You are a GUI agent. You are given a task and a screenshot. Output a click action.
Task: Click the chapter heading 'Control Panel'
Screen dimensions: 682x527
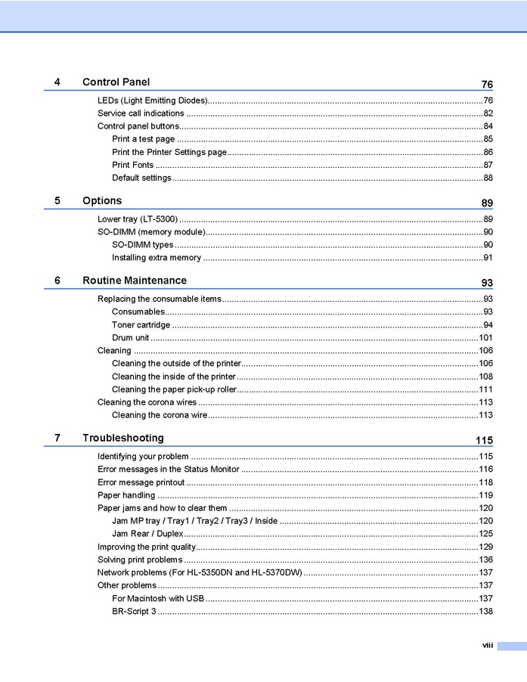point(116,82)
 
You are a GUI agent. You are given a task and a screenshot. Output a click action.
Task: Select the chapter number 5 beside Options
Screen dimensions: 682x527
point(57,201)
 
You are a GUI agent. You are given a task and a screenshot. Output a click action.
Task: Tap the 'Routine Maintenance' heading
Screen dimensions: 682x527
point(134,281)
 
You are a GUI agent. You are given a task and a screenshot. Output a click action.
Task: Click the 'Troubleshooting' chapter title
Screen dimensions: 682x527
point(122,439)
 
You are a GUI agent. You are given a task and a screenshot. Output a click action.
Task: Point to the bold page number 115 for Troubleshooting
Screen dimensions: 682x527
point(484,441)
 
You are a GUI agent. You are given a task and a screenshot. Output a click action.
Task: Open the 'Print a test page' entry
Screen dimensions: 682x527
point(143,139)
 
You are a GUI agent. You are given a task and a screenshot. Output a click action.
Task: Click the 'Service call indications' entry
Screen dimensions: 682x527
point(141,113)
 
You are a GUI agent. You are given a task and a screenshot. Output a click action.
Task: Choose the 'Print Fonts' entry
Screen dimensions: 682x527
point(132,165)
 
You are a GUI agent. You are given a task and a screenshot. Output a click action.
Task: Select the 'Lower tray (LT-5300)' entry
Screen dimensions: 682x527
point(138,219)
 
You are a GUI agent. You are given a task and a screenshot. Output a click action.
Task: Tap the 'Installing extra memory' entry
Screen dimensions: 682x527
point(156,258)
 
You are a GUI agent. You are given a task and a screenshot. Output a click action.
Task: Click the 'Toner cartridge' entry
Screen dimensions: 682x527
point(141,325)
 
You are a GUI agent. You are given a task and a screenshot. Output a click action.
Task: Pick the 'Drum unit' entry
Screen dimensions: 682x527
point(130,338)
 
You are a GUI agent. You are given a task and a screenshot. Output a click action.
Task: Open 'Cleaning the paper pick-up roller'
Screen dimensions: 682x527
point(174,389)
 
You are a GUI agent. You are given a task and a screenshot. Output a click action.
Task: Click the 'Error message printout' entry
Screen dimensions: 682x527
point(141,482)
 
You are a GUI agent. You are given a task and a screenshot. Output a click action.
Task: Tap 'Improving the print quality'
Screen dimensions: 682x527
point(147,547)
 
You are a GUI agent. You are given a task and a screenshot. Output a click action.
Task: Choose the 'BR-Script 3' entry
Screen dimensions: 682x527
point(134,611)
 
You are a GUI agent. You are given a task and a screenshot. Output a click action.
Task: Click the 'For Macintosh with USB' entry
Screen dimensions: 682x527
point(158,598)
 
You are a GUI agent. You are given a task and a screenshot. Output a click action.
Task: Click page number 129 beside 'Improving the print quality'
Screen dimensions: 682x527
point(485,547)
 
